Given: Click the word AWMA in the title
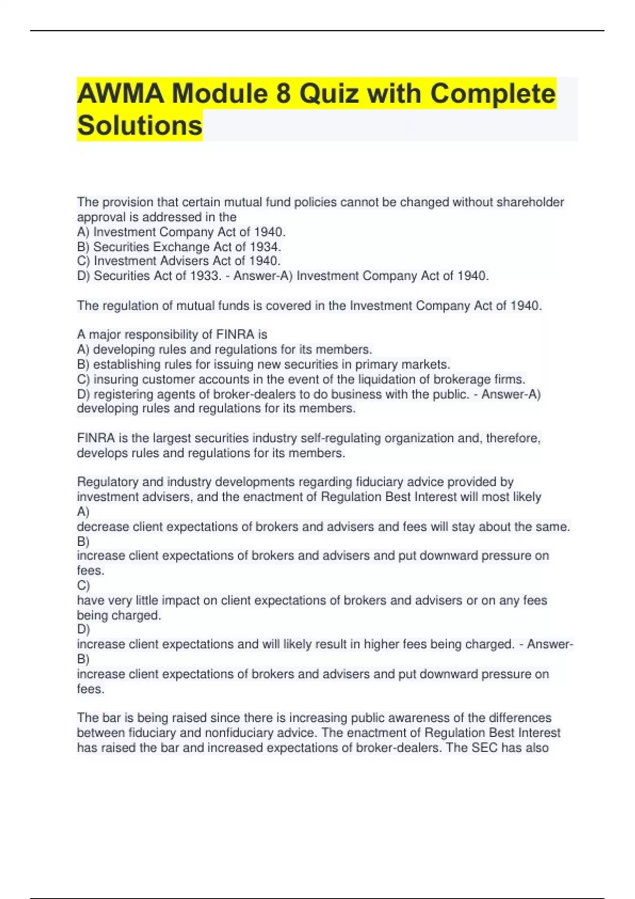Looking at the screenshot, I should pos(121,94).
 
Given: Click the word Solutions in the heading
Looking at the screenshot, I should pos(140,126).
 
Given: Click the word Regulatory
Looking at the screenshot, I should pos(107,482).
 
